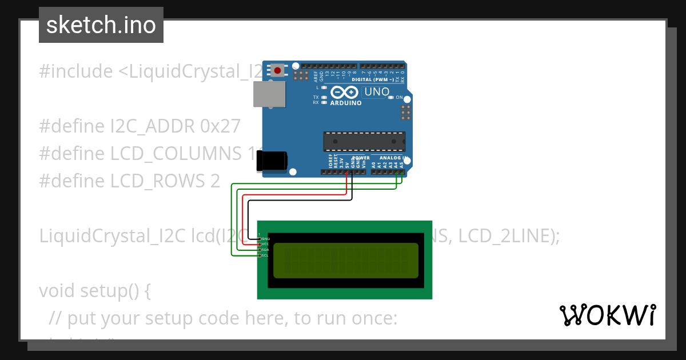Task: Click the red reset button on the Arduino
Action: [278, 70]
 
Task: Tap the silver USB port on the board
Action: [269, 94]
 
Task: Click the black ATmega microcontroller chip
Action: [364, 141]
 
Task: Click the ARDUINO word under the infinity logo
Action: [346, 103]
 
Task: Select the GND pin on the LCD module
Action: [259, 238]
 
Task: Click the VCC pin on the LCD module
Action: [259, 244]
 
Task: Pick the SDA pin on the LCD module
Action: [259, 250]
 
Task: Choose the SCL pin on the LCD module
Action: [259, 255]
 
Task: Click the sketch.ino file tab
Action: [101, 25]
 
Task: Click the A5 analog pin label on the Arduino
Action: [402, 165]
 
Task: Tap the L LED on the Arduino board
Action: [324, 87]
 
